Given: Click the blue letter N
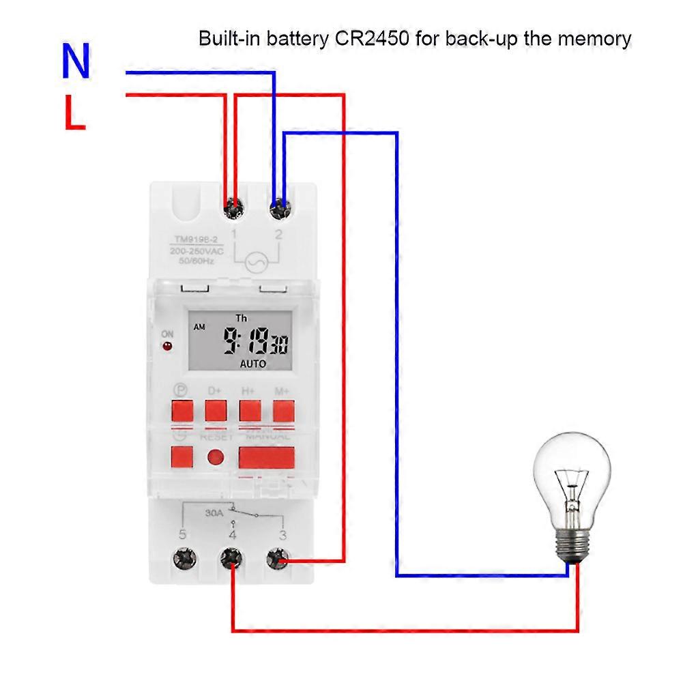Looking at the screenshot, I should [x=76, y=61].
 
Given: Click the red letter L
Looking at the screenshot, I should [x=75, y=113].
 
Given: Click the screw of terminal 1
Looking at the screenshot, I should [x=233, y=206].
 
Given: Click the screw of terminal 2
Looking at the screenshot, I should [x=279, y=206].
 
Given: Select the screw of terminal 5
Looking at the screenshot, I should [x=183, y=559].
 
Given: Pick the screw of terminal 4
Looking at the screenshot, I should [x=231, y=560].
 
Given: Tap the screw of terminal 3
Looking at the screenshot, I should [x=277, y=560].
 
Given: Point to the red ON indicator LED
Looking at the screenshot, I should [x=166, y=346].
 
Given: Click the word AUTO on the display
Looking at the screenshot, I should [x=252, y=364].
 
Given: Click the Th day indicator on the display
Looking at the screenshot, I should [x=241, y=318].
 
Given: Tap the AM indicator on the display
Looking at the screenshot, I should [x=199, y=328].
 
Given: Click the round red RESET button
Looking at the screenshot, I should [x=216, y=458].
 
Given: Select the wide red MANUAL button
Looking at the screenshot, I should [x=266, y=456].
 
